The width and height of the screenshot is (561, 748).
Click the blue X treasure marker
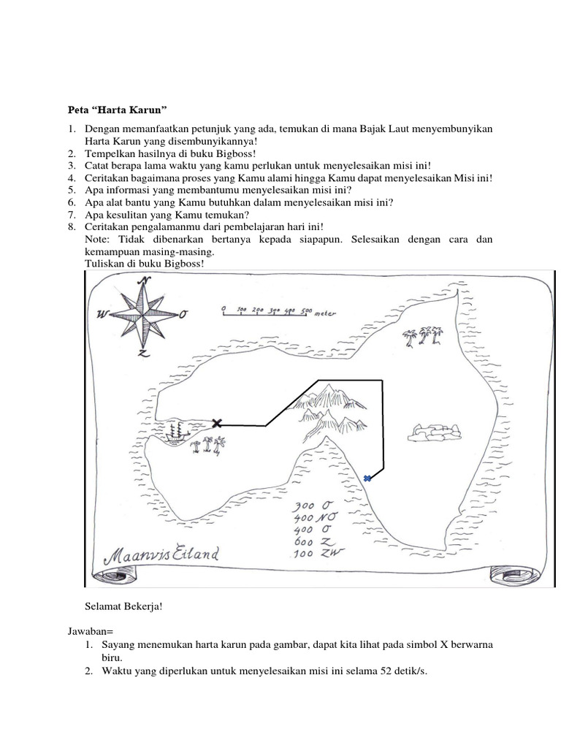(x=367, y=478)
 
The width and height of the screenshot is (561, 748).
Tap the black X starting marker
(x=216, y=422)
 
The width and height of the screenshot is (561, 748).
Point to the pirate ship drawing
(x=174, y=432)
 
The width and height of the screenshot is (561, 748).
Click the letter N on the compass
(x=145, y=281)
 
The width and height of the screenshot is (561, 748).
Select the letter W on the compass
(x=102, y=315)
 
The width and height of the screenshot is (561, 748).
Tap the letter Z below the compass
(x=143, y=353)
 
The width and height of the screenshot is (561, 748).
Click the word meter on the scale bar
(x=325, y=313)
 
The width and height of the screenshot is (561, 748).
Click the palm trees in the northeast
(x=423, y=336)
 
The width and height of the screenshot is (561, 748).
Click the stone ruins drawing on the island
(x=435, y=432)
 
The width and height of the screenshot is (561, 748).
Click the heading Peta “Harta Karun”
(x=118, y=110)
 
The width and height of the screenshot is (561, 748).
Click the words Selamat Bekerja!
(x=121, y=606)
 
